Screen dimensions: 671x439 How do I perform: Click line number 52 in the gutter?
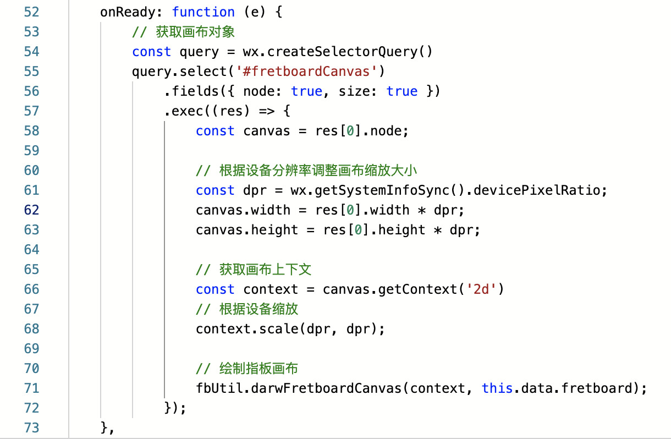pos(31,12)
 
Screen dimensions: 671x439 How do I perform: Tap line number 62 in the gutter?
pos(31,210)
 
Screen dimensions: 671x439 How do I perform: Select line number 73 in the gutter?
pos(31,427)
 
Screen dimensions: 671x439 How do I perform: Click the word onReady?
pos(131,12)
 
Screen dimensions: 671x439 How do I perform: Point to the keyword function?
pos(204,12)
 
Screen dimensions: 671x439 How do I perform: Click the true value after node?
pos(306,91)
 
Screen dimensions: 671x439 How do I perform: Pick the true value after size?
pos(402,91)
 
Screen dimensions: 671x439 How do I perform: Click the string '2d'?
pos(481,289)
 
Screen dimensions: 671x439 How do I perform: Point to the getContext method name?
pos(417,289)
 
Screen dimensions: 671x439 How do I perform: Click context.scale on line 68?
pos(247,329)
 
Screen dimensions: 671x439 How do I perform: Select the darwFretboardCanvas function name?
pos(326,388)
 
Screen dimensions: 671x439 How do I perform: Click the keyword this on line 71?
pos(497,388)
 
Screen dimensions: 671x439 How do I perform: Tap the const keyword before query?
pos(151,52)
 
